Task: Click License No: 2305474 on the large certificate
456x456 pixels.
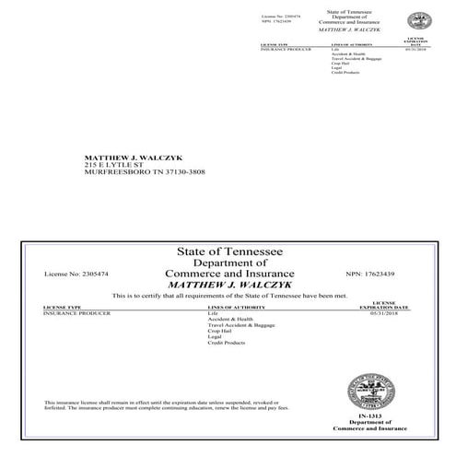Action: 76,275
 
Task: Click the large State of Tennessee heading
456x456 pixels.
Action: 228,252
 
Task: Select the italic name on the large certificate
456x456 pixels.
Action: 228,285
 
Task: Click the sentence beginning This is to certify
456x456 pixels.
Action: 228,296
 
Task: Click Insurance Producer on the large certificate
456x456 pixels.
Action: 76,313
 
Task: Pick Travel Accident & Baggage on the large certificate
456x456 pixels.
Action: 242,325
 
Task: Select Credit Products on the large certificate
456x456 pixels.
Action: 227,343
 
